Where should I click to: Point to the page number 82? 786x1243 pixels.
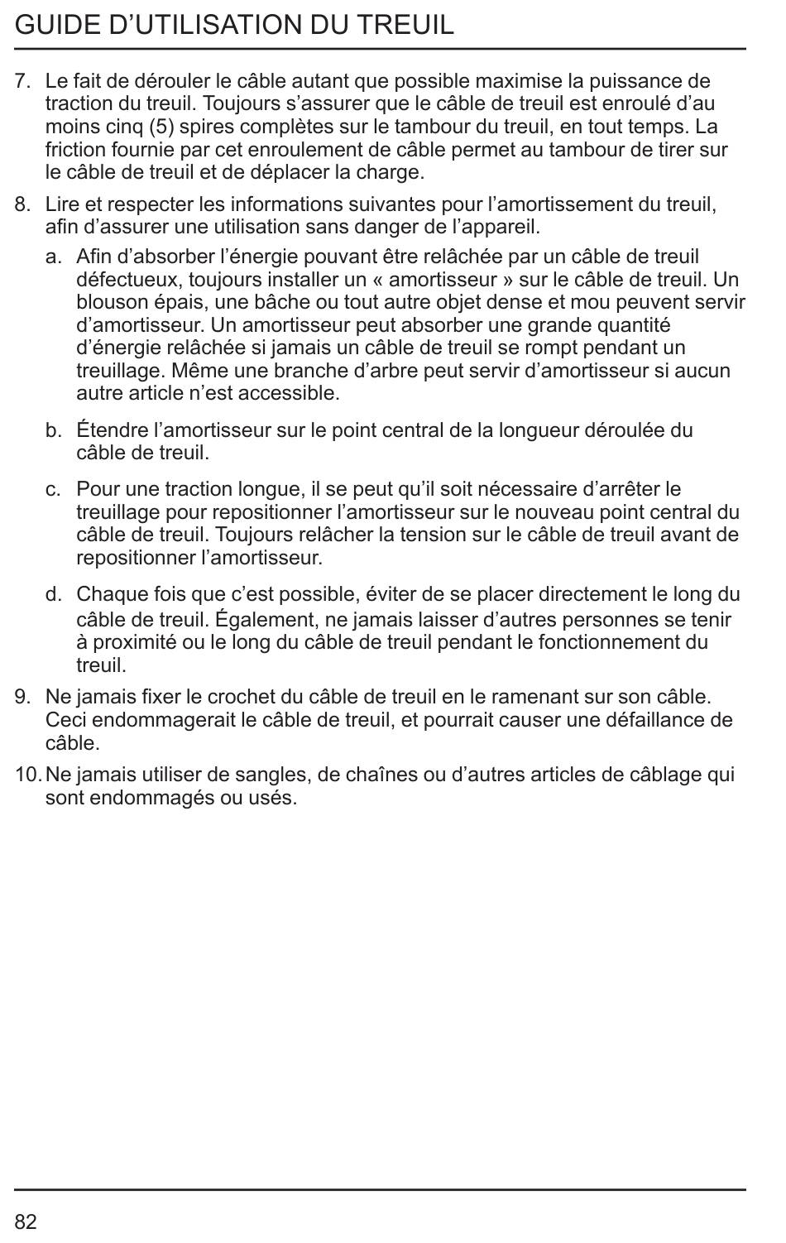tap(26, 1221)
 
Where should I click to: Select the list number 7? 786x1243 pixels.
tap(22, 81)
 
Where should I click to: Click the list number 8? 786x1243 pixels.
tap(22, 204)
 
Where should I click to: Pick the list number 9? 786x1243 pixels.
tap(22, 698)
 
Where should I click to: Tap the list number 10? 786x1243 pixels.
tap(26, 775)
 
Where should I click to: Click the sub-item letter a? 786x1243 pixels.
tap(54, 257)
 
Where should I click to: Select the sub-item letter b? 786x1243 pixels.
tap(54, 430)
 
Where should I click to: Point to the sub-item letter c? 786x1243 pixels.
tap(54, 489)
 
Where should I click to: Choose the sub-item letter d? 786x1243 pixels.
tap(54, 594)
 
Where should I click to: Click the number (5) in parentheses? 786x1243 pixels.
tap(161, 127)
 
